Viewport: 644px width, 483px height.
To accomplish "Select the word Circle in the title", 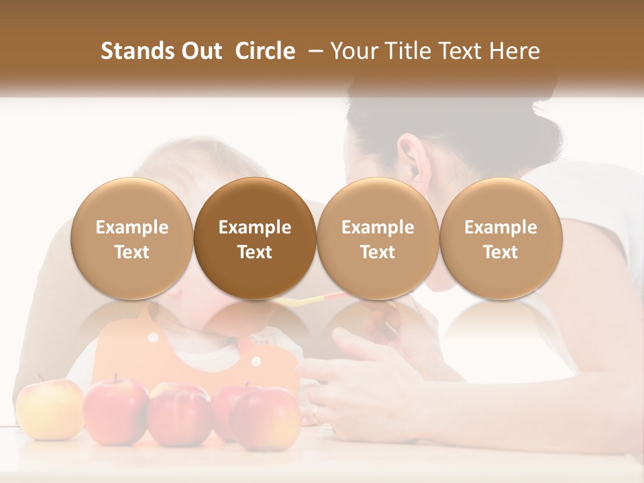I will [265, 51].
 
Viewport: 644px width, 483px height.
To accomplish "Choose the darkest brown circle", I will [255, 239].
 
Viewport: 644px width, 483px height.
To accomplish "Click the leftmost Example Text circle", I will [132, 239].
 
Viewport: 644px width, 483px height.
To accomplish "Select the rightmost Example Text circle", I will [500, 239].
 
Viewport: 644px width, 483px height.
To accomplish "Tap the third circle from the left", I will [378, 239].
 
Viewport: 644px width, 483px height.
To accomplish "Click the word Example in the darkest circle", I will [255, 227].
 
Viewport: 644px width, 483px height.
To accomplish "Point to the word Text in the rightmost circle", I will [500, 252].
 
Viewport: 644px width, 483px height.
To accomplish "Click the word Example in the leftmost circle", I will [132, 227].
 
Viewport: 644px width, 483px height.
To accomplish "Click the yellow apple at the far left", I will [49, 408].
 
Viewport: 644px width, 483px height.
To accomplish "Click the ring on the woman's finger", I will [315, 409].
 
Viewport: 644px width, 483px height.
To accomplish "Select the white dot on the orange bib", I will [256, 362].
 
